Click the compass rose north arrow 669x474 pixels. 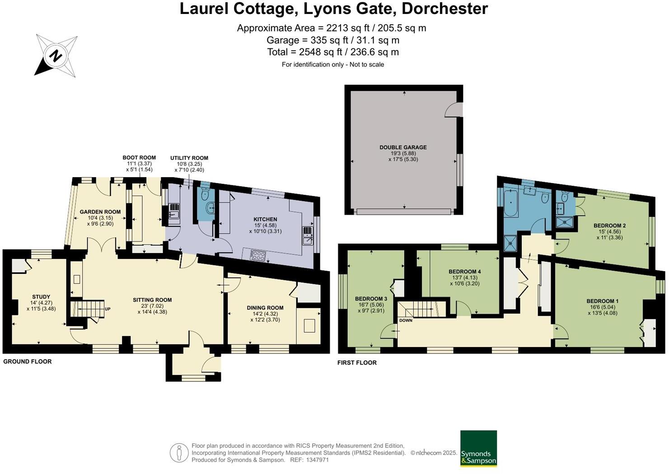pyautogui.click(x=56, y=56)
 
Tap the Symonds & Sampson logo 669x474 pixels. pyautogui.click(x=478, y=448)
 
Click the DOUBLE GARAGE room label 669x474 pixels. pyautogui.click(x=403, y=147)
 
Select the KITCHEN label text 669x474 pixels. pyautogui.click(x=265, y=219)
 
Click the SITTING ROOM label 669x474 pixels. pyautogui.click(x=152, y=300)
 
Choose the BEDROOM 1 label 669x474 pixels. pyautogui.click(x=603, y=301)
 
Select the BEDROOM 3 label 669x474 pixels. pyautogui.click(x=371, y=299)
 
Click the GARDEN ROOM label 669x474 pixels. pyautogui.click(x=100, y=211)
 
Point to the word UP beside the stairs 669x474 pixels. pyautogui.click(x=108, y=309)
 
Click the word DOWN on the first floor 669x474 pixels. pyautogui.click(x=406, y=320)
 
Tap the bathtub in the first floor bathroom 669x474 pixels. pyautogui.click(x=511, y=204)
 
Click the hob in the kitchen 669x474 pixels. pyautogui.click(x=257, y=255)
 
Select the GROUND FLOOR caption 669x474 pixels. pyautogui.click(x=28, y=361)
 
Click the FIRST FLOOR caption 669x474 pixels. pyautogui.click(x=357, y=362)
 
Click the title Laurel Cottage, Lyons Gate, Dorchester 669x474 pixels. pyautogui.click(x=334, y=9)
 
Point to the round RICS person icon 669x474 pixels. pyautogui.click(x=179, y=452)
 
